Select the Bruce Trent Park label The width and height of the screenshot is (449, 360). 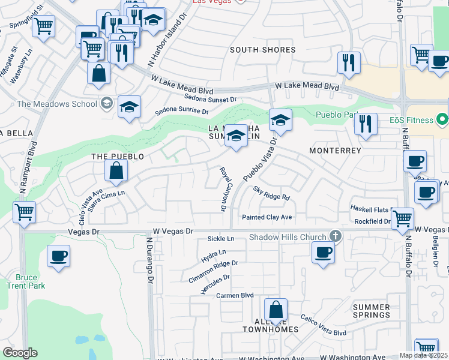(x=39, y=282)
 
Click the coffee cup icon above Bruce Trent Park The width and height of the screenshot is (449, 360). (x=59, y=256)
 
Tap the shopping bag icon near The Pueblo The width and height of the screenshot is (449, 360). (x=116, y=170)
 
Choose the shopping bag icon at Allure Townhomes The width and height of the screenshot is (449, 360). (x=276, y=310)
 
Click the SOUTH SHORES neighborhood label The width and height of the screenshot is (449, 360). (x=263, y=50)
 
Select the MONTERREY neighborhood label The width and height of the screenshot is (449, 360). (x=335, y=151)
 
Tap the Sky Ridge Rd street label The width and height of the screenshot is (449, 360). (x=271, y=193)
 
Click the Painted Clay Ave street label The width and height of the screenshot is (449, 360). (x=267, y=217)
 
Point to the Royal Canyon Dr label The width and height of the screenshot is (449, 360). (x=222, y=189)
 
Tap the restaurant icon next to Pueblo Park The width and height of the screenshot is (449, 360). (x=366, y=124)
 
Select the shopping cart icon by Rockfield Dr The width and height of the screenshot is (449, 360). (x=402, y=218)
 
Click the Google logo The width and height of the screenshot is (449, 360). (x=20, y=353)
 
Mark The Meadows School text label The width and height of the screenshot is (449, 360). (x=57, y=104)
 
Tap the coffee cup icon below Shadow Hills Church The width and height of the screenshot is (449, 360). (x=323, y=252)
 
